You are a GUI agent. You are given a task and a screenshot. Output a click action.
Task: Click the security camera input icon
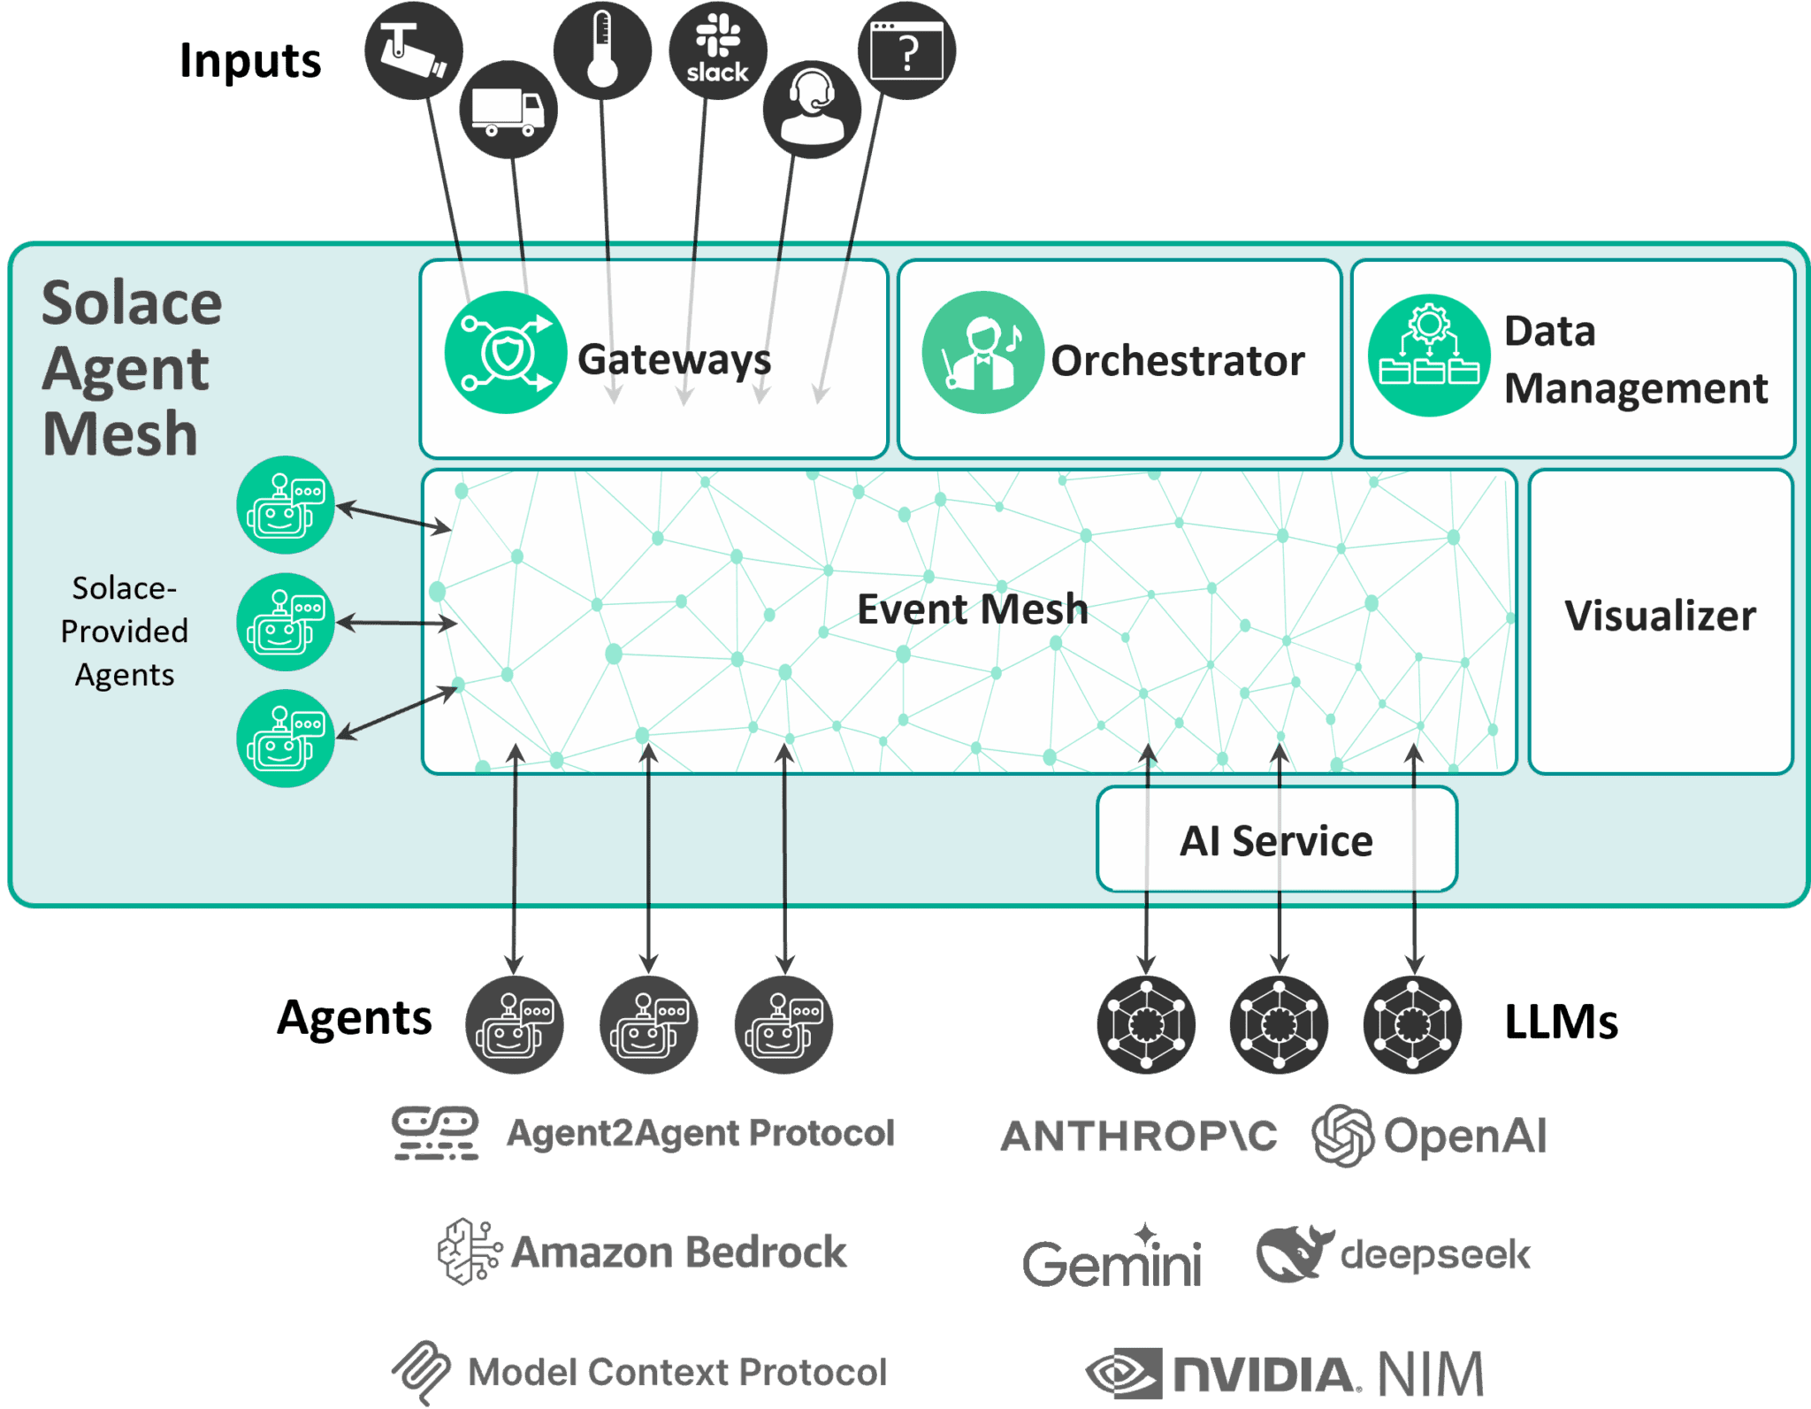[x=413, y=50]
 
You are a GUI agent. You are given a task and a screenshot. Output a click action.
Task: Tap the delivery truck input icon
[x=508, y=110]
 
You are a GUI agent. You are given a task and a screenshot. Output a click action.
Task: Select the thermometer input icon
[x=602, y=50]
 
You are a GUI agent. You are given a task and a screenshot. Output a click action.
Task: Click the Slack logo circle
[x=717, y=50]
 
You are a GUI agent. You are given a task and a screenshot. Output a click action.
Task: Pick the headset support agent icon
[x=812, y=110]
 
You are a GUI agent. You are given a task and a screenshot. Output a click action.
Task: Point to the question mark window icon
[x=906, y=50]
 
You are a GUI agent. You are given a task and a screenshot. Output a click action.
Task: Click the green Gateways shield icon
[x=506, y=352]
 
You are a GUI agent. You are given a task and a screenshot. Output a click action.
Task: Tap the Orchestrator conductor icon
[x=982, y=352]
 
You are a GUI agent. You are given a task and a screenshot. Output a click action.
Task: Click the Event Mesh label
[x=973, y=609]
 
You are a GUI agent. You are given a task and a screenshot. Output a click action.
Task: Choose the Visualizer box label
[x=1660, y=616]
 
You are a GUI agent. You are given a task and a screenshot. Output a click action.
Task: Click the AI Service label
[x=1276, y=840]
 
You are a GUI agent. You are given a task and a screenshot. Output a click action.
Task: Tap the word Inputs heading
[x=250, y=61]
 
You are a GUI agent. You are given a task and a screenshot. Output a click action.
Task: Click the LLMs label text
[x=1561, y=1022]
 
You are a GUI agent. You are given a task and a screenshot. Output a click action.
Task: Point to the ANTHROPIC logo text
[x=1139, y=1136]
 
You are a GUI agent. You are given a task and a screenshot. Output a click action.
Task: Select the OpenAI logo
[x=1431, y=1136]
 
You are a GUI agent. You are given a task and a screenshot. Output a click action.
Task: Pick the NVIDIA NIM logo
[x=1285, y=1374]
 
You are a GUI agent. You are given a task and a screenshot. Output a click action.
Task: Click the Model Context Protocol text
[x=676, y=1373]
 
